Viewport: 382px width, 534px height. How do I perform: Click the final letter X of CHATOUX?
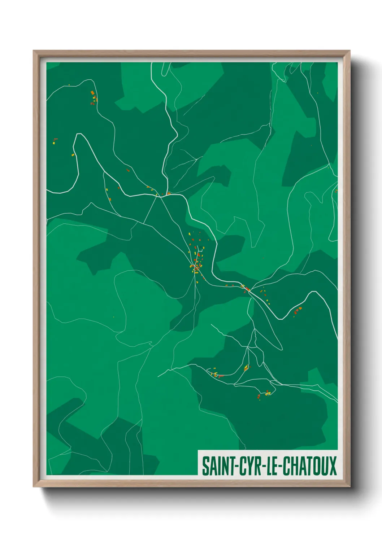point(333,466)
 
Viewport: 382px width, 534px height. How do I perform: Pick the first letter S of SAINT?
point(205,466)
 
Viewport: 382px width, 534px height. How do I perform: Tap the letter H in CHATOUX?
point(293,466)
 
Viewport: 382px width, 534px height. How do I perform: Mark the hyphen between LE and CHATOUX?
point(280,467)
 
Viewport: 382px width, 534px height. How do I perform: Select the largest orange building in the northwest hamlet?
point(92,93)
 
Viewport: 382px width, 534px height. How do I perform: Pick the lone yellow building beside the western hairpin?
point(73,155)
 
